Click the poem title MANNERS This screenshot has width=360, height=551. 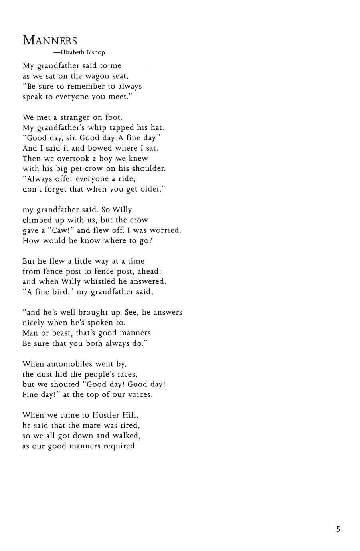[x=50, y=40]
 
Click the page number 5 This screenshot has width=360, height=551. [x=338, y=529]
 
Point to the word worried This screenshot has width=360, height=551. [x=165, y=230]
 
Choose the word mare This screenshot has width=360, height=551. [x=92, y=426]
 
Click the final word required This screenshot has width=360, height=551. [x=120, y=446]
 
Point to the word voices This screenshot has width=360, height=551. [x=138, y=395]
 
